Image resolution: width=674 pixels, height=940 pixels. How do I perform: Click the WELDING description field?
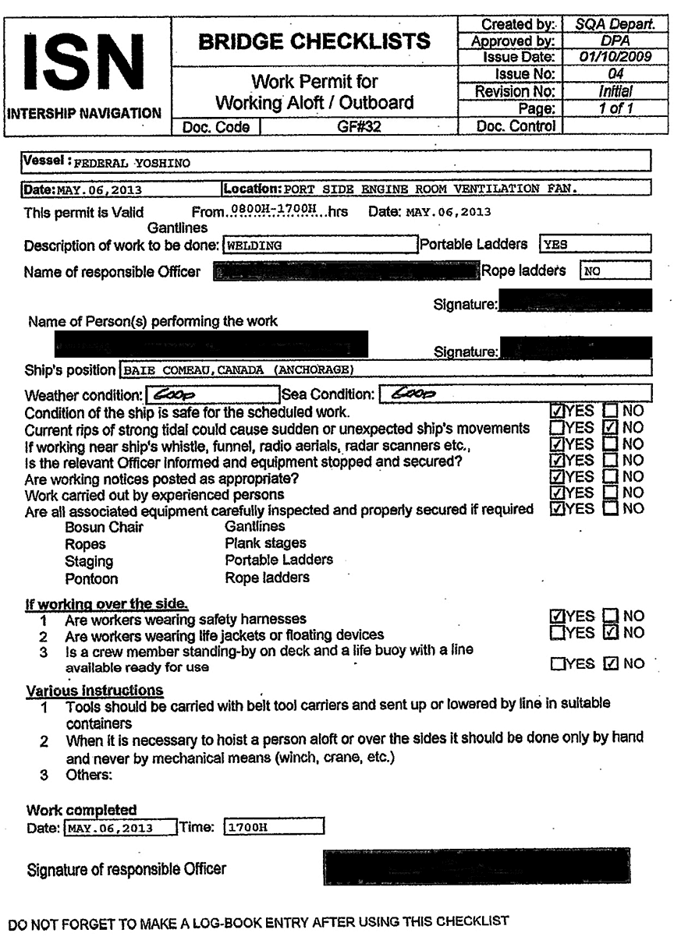(x=320, y=245)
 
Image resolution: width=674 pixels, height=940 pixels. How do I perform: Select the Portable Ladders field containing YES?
(x=595, y=245)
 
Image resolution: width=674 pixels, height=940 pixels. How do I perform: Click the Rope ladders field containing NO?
(x=615, y=271)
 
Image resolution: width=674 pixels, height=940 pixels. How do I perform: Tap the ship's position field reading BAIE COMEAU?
(x=386, y=369)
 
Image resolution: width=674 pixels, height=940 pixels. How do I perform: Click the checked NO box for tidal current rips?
(x=612, y=428)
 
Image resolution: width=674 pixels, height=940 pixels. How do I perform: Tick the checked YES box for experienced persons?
(x=557, y=493)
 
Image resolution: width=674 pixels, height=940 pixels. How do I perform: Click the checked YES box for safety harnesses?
(x=557, y=617)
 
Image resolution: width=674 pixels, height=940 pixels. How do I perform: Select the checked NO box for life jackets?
(x=612, y=632)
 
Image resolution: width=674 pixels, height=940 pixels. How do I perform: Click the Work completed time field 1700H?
(x=273, y=827)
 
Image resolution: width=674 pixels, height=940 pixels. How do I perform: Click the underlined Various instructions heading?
(x=95, y=691)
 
